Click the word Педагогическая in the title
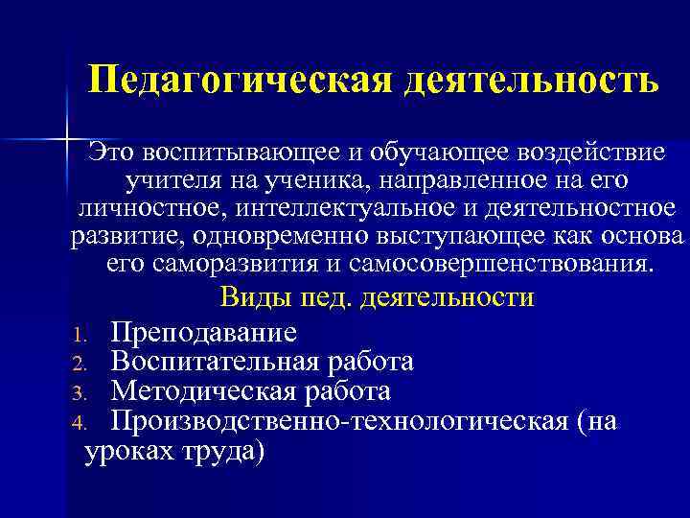pos(239,80)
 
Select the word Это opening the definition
pos(112,152)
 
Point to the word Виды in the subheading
pos(250,297)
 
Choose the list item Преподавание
pos(203,332)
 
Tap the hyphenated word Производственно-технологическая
pos(340,421)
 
